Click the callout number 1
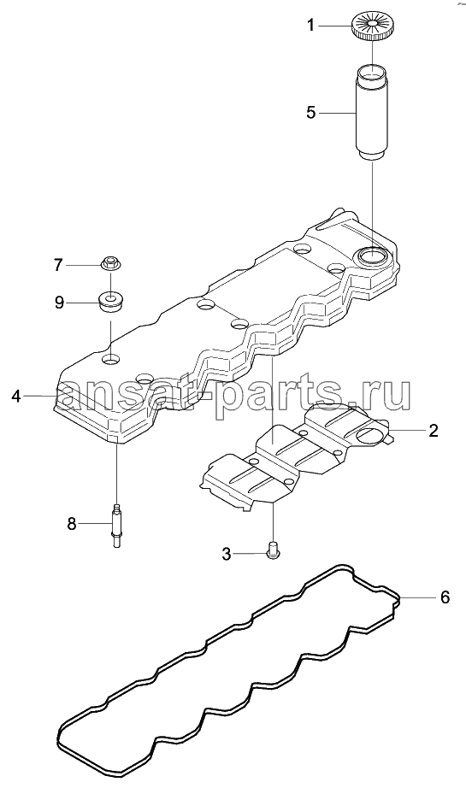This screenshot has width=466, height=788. (311, 25)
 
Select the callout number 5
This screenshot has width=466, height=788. (311, 112)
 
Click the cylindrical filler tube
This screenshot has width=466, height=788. (371, 113)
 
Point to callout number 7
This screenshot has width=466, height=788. (58, 264)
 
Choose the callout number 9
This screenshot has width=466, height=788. (59, 303)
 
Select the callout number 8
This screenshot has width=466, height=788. (71, 524)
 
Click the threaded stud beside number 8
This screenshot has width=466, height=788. (116, 525)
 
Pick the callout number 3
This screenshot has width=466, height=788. (227, 554)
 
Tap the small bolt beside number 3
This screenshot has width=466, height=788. (273, 550)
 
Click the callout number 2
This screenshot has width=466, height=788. (433, 430)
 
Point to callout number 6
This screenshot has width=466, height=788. (445, 597)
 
